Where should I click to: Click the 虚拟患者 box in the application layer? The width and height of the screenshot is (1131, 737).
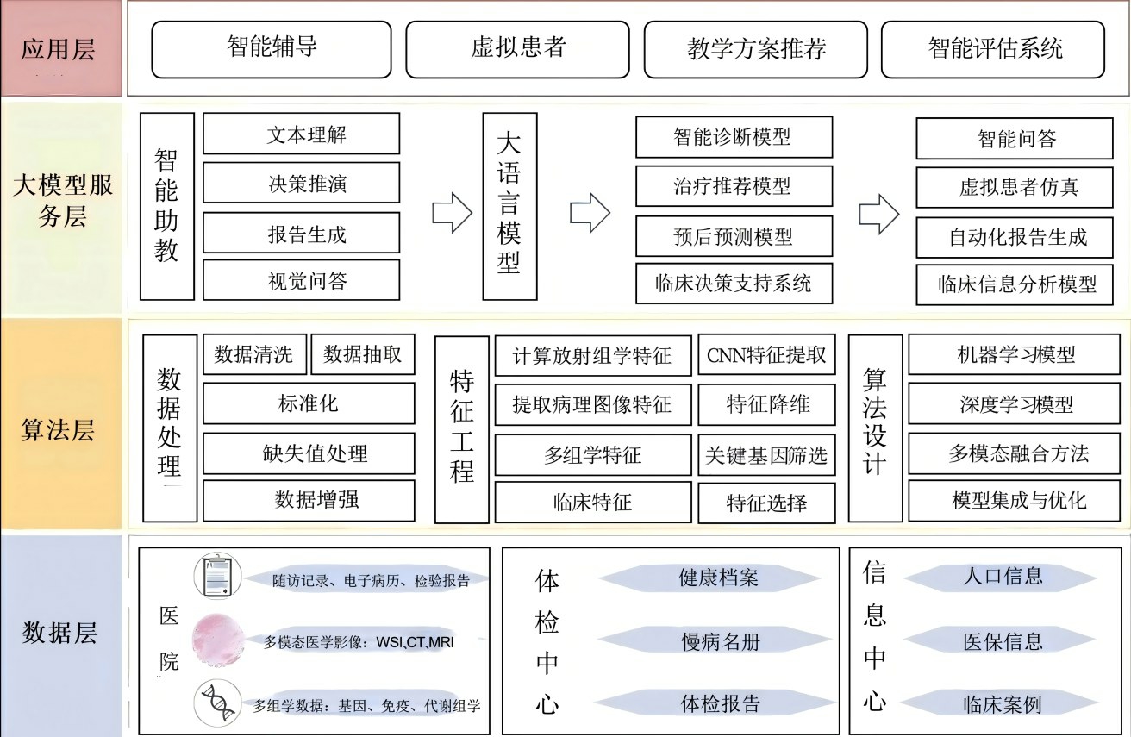pyautogui.click(x=518, y=48)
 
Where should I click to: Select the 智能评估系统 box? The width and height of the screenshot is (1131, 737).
pyautogui.click(x=992, y=48)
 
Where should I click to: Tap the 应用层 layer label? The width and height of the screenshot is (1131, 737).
pyautogui.click(x=59, y=48)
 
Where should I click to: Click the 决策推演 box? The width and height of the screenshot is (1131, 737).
pyautogui.click(x=301, y=184)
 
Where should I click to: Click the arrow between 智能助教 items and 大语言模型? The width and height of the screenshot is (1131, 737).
pyautogui.click(x=453, y=212)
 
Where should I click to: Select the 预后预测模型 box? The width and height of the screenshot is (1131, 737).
pyautogui.click(x=734, y=235)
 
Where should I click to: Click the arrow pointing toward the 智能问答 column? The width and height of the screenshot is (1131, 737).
pyautogui.click(x=879, y=212)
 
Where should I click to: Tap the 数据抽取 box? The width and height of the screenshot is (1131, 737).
pyautogui.click(x=362, y=354)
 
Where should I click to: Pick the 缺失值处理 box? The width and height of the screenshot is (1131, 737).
pyautogui.click(x=309, y=453)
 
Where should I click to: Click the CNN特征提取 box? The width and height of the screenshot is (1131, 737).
pyautogui.click(x=765, y=355)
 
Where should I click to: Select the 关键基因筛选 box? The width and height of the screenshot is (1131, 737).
pyautogui.click(x=765, y=455)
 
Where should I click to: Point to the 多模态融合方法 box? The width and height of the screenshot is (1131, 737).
pyautogui.click(x=1018, y=453)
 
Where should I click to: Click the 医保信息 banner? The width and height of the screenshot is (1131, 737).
pyautogui.click(x=1003, y=641)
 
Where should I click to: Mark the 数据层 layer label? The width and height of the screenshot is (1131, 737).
pyautogui.click(x=59, y=634)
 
